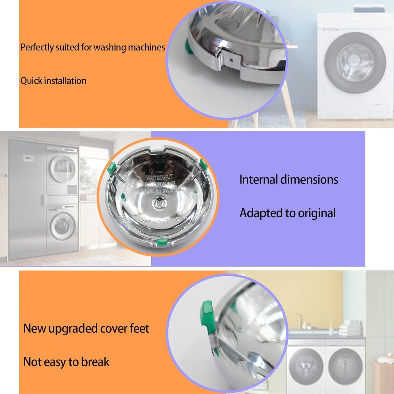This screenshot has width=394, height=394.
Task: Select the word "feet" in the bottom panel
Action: pyautogui.click(x=139, y=328)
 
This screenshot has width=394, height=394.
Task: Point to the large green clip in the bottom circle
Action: pyautogui.click(x=207, y=314)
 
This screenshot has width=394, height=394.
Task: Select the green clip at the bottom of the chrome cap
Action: pyautogui.click(x=163, y=241)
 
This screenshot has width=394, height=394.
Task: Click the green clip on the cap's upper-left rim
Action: pyautogui.click(x=111, y=168)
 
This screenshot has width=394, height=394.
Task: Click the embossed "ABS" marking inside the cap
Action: pyautogui.click(x=147, y=222)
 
